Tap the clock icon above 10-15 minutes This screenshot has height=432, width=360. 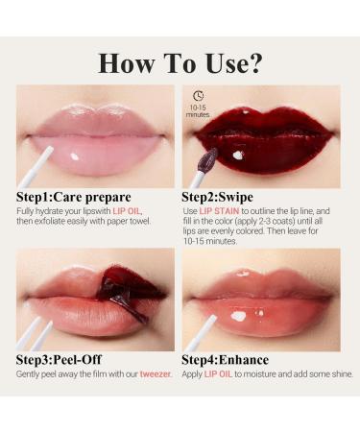pos(198,96)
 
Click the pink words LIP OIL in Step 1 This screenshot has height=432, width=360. pos(128,210)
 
